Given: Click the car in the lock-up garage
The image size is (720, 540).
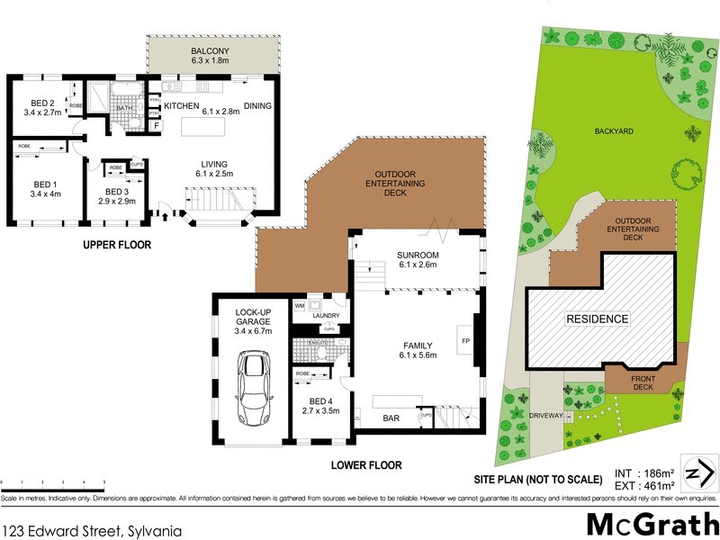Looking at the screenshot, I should tap(251, 388).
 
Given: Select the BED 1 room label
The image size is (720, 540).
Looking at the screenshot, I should tap(43, 188).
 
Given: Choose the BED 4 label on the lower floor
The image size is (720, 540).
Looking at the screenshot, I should tap(320, 406).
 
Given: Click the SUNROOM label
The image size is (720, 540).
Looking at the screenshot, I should tap(417, 261).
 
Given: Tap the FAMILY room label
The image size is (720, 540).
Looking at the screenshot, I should tap(417, 349).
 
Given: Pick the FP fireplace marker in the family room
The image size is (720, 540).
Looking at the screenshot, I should tap(465, 342).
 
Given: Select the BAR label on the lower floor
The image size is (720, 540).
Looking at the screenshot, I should tap(391, 419).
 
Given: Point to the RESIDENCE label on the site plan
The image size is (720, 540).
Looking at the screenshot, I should tap(597, 319).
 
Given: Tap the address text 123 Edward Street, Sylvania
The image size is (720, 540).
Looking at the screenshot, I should tap(93, 531).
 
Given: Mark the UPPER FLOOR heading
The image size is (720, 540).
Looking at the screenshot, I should tap(117, 245).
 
